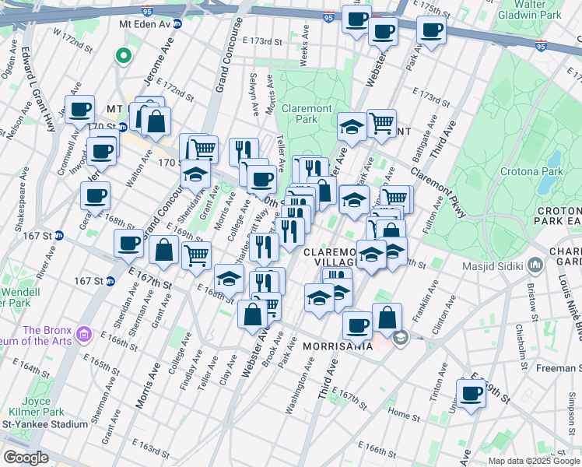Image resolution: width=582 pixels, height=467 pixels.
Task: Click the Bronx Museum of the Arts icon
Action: [84, 335]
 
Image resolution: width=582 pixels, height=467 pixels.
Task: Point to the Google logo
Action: [26, 458]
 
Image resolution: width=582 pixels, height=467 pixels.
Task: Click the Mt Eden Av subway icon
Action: [177, 24]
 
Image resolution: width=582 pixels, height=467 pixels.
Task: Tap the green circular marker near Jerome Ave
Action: [122, 55]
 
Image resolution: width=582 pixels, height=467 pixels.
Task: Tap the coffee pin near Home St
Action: [471, 394]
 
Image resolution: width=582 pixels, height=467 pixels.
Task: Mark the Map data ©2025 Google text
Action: [534, 461]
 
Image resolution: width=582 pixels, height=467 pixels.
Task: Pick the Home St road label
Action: [402, 415]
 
